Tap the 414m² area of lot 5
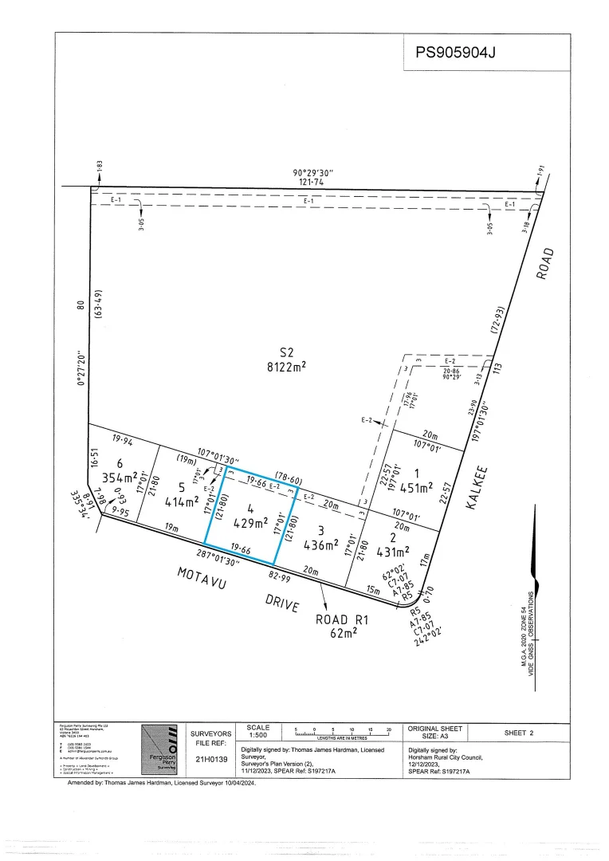coord(180,502)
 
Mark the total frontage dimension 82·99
coord(279,576)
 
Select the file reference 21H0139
coord(212,759)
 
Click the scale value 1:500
coord(258,736)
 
